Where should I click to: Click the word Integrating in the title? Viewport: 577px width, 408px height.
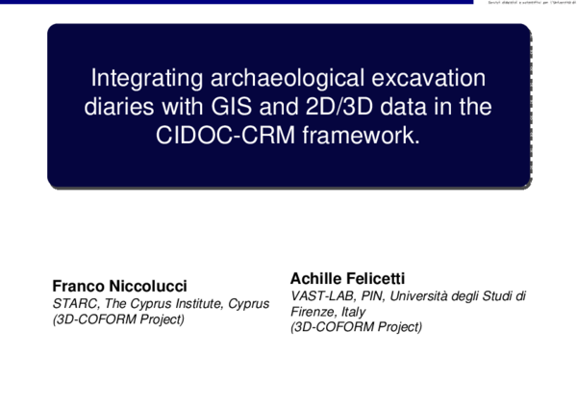(134, 78)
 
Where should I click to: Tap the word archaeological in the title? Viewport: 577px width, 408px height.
(264, 78)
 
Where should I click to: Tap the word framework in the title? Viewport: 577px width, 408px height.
(363, 136)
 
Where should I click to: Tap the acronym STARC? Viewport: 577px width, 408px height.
(73, 304)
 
